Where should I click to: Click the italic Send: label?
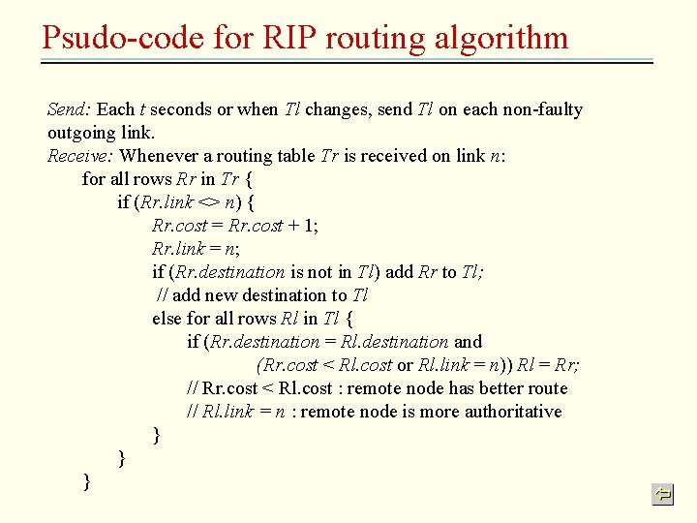tap(69, 109)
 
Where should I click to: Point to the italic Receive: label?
tap(81, 156)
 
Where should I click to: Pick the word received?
tap(401, 156)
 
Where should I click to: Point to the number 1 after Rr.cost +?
tap(311, 226)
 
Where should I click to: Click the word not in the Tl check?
tap(325, 272)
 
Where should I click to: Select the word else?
tap(167, 319)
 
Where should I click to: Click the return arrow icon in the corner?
tap(662, 495)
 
